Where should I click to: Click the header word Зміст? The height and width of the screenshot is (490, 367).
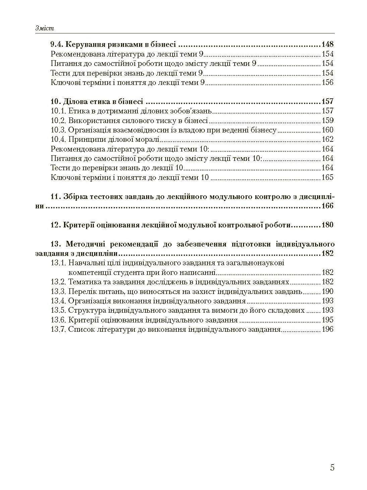click(45, 29)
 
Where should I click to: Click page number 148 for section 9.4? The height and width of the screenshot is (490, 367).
click(327, 44)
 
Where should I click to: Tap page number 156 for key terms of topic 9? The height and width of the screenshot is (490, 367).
click(327, 83)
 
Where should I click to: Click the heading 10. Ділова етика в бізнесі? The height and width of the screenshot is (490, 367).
click(97, 101)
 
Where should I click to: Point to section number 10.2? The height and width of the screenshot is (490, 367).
click(58, 120)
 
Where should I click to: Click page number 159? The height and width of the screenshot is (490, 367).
click(327, 120)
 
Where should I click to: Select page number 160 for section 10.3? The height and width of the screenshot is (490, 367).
click(327, 130)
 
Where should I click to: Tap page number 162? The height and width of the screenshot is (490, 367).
click(327, 139)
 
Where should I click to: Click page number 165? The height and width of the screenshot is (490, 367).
click(327, 178)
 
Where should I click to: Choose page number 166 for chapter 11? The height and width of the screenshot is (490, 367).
click(327, 206)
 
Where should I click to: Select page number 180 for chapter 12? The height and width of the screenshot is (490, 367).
click(327, 225)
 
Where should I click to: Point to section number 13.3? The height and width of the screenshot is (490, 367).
click(58, 291)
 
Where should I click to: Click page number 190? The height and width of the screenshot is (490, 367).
click(327, 291)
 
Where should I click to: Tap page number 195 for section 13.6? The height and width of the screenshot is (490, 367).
click(327, 320)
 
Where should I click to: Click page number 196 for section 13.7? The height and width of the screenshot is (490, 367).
click(327, 329)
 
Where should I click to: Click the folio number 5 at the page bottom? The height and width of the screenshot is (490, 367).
click(332, 468)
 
